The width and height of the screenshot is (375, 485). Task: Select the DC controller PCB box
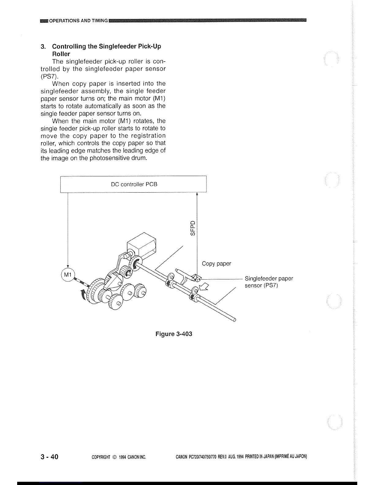coord(134,184)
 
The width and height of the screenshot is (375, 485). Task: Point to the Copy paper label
coord(216,264)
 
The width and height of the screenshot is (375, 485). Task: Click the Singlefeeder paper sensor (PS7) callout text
coord(269,282)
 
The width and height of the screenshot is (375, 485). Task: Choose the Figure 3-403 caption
coord(174,334)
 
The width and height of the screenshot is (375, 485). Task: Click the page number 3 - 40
coord(49,457)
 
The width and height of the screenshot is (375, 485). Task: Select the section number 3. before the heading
coord(43,47)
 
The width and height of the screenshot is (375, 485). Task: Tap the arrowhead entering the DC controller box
coord(196,194)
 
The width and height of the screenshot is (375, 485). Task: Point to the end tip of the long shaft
coord(235,320)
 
